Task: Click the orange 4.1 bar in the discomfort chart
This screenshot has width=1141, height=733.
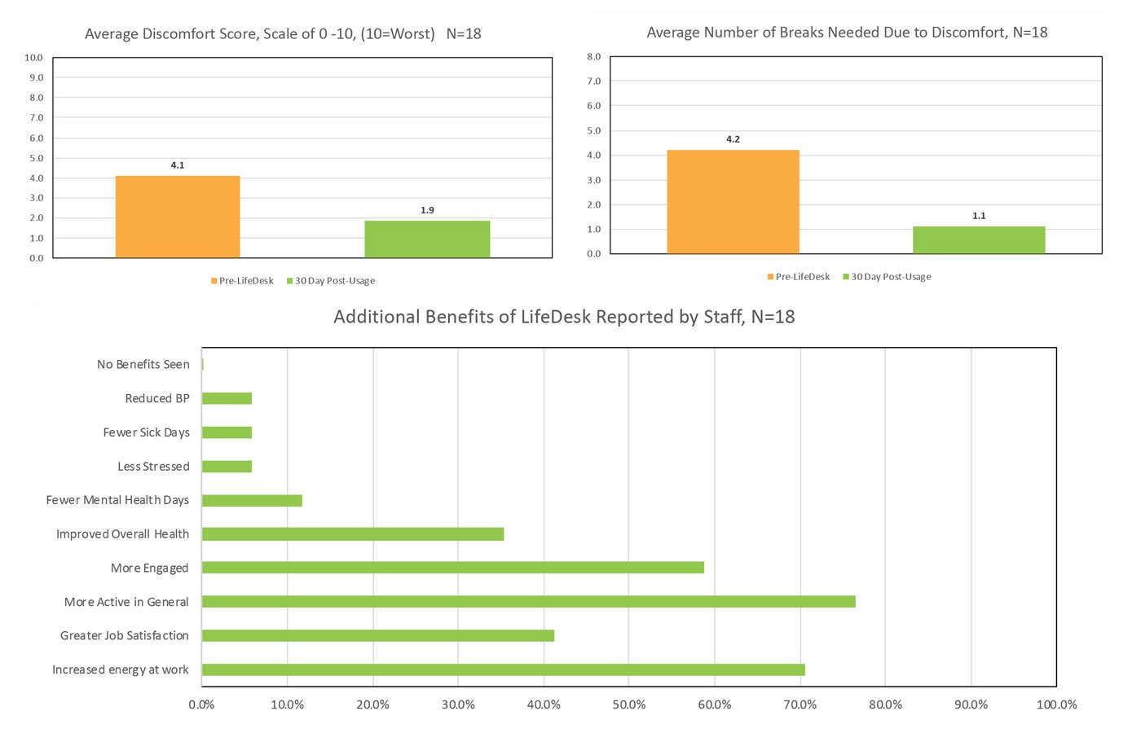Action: [178, 217]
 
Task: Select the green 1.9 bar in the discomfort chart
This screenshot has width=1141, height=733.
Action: [427, 239]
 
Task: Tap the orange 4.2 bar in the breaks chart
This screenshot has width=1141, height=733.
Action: [733, 202]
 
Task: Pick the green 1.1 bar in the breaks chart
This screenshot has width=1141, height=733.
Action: [979, 240]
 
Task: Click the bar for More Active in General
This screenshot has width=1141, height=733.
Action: [528, 602]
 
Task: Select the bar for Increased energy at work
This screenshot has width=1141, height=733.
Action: [503, 669]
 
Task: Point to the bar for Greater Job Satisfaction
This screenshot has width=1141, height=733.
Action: [378, 635]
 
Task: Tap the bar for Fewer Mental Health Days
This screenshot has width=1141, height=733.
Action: [252, 500]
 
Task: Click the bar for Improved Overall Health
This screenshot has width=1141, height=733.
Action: [353, 534]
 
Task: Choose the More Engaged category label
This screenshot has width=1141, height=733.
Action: [150, 568]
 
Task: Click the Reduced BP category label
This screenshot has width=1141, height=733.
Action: [157, 398]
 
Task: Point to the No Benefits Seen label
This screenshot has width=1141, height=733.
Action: [143, 364]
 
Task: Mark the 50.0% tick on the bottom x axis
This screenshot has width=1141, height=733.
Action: [629, 704]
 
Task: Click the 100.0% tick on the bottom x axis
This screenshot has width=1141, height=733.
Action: [1056, 704]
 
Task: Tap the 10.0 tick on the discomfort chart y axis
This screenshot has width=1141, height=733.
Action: [33, 58]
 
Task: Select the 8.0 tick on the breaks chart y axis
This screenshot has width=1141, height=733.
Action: [593, 57]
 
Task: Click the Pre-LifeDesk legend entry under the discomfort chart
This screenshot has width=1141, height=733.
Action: [242, 281]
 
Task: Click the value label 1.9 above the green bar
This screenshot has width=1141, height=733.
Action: [427, 210]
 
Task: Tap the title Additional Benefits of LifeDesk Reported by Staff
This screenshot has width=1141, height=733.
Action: [564, 317]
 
